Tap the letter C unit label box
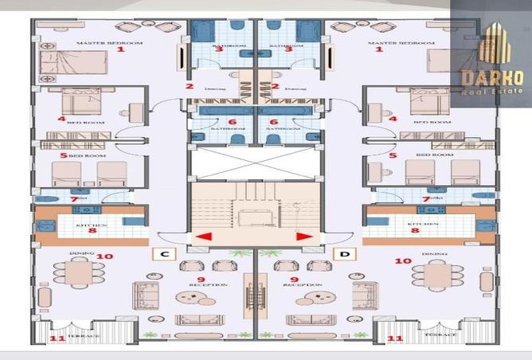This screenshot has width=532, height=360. [x=163, y=254]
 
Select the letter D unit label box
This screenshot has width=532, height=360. [x=345, y=254]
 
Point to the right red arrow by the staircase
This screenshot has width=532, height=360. [x=303, y=236]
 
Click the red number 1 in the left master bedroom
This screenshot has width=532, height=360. [x=121, y=49]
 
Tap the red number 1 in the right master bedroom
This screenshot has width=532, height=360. [x=379, y=49]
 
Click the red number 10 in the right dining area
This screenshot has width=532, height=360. [x=403, y=260]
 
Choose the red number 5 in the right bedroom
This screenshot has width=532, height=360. [x=393, y=155]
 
